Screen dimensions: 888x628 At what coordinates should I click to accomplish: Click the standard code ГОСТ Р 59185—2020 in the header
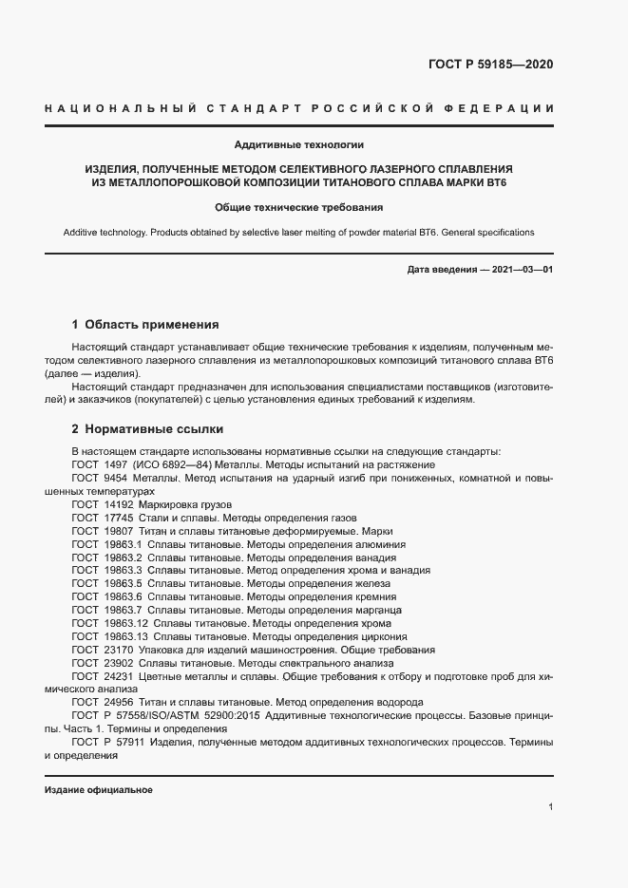491,66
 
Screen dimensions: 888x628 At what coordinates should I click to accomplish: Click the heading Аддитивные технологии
299,145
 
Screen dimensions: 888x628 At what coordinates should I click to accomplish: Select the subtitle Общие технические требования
298,207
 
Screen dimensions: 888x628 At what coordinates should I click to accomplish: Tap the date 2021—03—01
521,270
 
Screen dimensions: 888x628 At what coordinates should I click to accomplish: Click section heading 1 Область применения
145,324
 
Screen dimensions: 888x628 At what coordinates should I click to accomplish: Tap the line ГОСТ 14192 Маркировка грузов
151,504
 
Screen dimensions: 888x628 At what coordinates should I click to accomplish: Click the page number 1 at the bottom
550,807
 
